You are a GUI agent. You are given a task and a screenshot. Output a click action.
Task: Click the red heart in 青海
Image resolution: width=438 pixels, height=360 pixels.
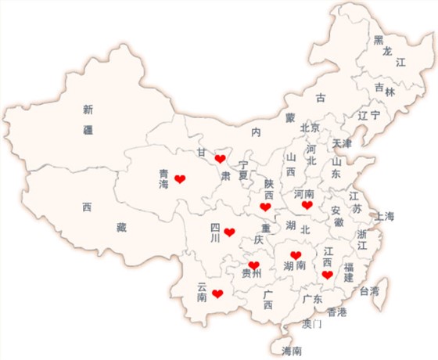click(180, 180)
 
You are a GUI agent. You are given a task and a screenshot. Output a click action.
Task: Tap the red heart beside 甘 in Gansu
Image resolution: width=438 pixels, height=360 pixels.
click(221, 158)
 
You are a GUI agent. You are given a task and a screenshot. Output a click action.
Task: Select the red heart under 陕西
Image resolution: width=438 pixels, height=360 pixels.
click(266, 207)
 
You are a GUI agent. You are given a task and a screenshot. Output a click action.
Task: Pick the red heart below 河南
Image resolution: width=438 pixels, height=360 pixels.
click(307, 205)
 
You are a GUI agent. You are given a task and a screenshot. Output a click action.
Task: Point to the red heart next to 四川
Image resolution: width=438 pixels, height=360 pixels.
click(229, 232)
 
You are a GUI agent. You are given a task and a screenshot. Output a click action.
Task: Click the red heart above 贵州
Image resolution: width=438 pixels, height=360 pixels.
click(253, 265)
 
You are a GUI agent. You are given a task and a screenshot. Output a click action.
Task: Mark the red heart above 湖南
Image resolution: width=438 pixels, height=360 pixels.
click(295, 255)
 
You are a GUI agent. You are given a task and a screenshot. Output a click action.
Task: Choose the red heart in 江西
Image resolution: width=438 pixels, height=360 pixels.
click(327, 275)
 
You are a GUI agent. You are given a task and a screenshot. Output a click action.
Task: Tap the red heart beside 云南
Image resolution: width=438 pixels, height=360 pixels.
click(217, 293)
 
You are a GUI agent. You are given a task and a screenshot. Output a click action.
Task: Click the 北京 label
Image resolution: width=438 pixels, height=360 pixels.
click(310, 128)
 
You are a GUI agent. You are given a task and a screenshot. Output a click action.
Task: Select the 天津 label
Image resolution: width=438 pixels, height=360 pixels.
click(342, 144)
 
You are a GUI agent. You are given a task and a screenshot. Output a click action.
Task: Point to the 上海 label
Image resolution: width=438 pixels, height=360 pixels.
click(384, 216)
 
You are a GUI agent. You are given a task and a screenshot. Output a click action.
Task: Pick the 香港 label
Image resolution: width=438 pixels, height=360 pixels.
click(337, 311)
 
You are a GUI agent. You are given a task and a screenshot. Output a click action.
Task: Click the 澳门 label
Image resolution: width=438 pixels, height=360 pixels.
click(311, 323)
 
